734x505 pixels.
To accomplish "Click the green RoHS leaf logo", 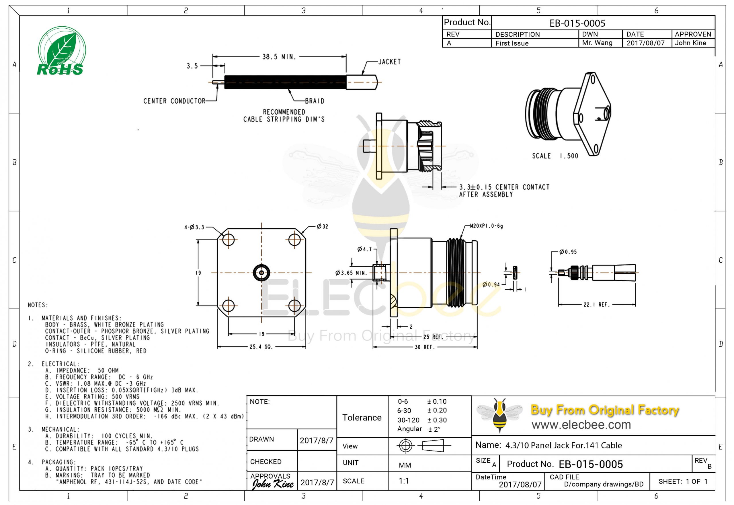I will pyautogui.click(x=61, y=51).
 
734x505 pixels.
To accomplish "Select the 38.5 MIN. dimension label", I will pyautogui.click(x=279, y=57).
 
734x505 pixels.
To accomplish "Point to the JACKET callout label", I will pyautogui.click(x=389, y=62).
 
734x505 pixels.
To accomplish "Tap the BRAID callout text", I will pyautogui.click(x=315, y=101).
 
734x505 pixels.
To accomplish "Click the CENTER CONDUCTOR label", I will pyautogui.click(x=174, y=101).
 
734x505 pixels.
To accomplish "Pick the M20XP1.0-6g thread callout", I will pyautogui.click(x=486, y=226).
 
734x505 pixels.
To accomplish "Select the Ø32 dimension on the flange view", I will pyautogui.click(x=322, y=227).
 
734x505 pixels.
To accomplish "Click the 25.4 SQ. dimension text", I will pyautogui.click(x=261, y=347).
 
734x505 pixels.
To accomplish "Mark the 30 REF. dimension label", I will pyautogui.click(x=424, y=347).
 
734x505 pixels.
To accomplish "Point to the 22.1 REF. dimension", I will pyautogui.click(x=596, y=304).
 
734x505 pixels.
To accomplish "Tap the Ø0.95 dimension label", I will pyautogui.click(x=568, y=252).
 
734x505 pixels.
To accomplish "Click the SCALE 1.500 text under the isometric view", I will pyautogui.click(x=555, y=156).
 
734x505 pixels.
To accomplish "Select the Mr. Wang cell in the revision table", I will pyautogui.click(x=597, y=43).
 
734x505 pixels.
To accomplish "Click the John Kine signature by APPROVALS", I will pyautogui.click(x=273, y=484).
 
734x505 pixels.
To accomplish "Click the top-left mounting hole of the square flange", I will pyautogui.click(x=228, y=239).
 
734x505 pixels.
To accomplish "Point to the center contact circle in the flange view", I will pyautogui.click(x=261, y=272).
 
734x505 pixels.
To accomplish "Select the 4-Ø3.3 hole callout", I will pyautogui.click(x=194, y=227).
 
